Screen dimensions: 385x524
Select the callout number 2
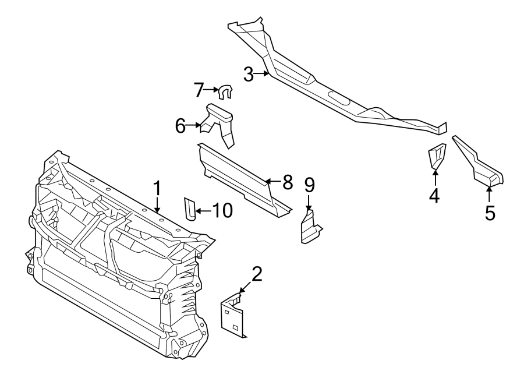[x=257, y=273]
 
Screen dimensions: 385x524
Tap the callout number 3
[x=249, y=75]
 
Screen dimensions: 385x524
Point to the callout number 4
[x=434, y=196]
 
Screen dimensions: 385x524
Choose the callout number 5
[x=490, y=213]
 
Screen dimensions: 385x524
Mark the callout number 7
[x=199, y=90]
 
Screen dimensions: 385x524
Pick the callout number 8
[x=287, y=182]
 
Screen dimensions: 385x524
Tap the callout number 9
[x=309, y=185]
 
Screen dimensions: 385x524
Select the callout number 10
[x=221, y=210]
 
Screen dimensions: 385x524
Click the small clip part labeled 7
[x=225, y=91]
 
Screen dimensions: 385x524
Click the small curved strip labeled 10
[x=189, y=209]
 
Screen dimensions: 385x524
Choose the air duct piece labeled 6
[x=221, y=122]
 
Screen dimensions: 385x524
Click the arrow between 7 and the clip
[x=212, y=90]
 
